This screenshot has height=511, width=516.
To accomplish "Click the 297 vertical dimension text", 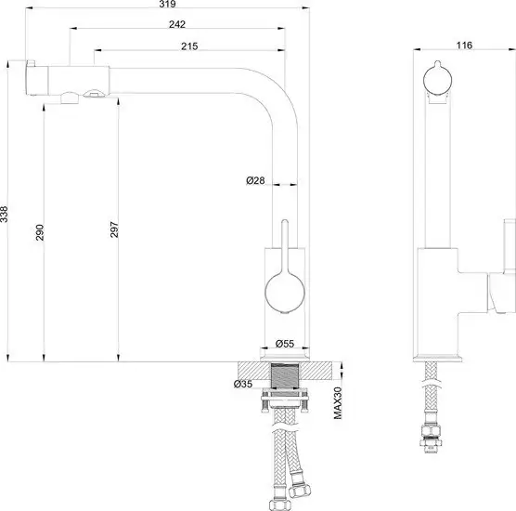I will [x=115, y=232].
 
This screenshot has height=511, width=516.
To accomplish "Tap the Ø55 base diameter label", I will [x=285, y=344].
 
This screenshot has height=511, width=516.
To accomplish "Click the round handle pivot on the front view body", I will [x=282, y=293].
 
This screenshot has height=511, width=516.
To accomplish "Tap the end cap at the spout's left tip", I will [x=29, y=81].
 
